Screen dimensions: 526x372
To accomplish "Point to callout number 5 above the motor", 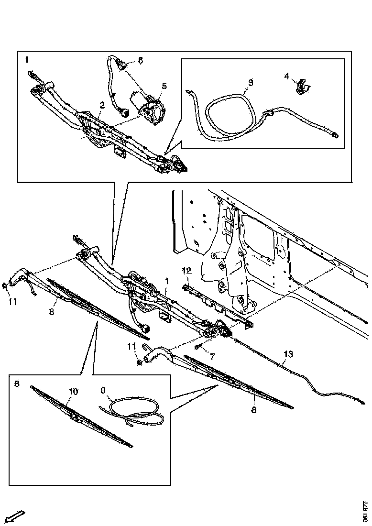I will [x=164, y=86].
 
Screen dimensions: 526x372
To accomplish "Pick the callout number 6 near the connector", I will [x=140, y=60].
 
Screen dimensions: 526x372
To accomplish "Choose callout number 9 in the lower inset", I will [x=103, y=390].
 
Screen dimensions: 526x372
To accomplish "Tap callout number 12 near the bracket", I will [x=186, y=271].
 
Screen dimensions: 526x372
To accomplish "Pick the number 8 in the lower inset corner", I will [x=17, y=384].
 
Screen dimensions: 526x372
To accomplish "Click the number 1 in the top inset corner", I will [x=27, y=60].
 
